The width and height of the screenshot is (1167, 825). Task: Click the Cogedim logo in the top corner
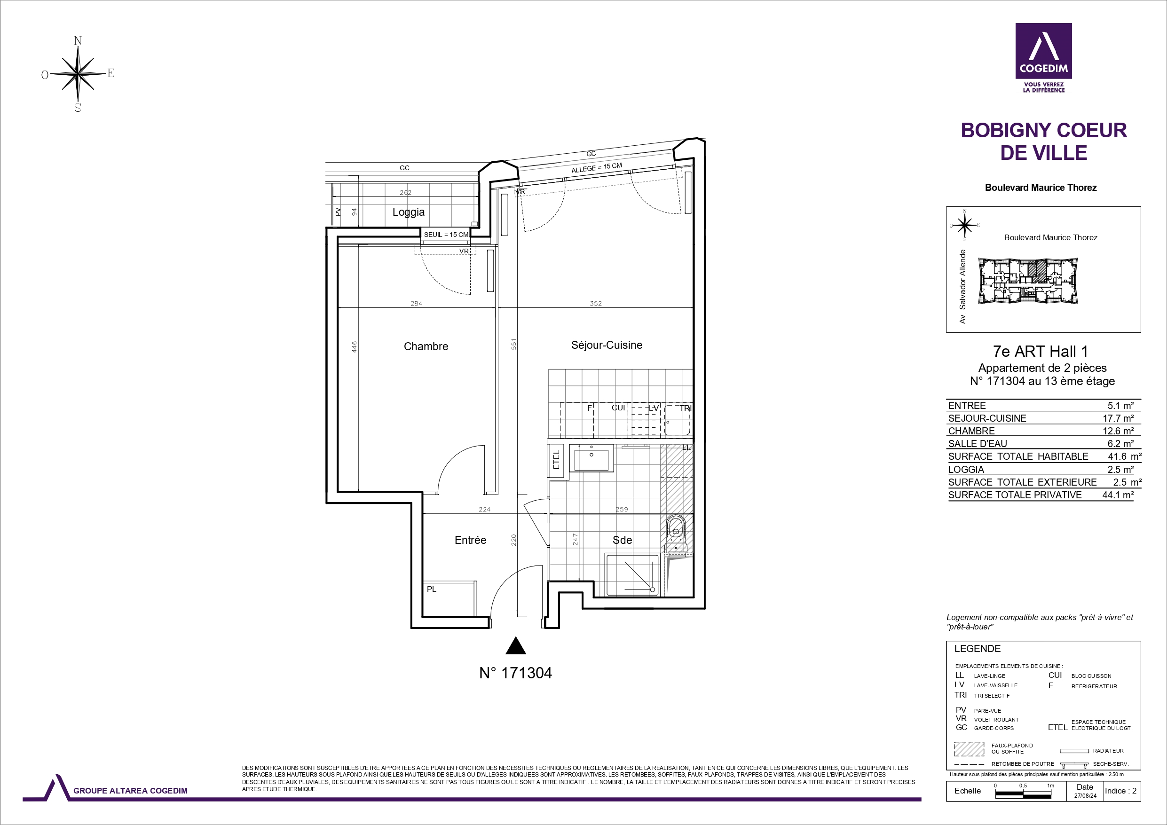[1043, 57]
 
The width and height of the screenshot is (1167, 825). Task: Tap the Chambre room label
[426, 346]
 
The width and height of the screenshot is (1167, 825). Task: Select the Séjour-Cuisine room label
[607, 345]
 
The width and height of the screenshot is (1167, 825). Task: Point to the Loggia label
[408, 212]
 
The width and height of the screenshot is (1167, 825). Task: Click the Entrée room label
[470, 540]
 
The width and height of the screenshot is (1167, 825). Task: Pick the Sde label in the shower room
[622, 540]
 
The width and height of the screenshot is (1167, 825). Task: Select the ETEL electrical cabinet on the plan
[556, 460]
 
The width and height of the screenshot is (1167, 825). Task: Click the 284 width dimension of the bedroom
[416, 304]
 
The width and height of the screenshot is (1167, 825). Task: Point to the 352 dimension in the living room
[596, 304]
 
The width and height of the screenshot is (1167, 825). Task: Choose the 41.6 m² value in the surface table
[1124, 456]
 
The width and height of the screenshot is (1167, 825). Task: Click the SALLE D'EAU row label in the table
[978, 444]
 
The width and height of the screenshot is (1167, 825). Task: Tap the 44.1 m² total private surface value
[1118, 495]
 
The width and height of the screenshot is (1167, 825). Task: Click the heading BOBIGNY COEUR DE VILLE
[1043, 141]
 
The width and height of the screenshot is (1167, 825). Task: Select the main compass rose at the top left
[78, 74]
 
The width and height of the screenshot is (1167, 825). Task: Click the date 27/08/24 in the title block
[1085, 796]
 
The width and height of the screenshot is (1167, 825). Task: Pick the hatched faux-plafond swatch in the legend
[969, 749]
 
